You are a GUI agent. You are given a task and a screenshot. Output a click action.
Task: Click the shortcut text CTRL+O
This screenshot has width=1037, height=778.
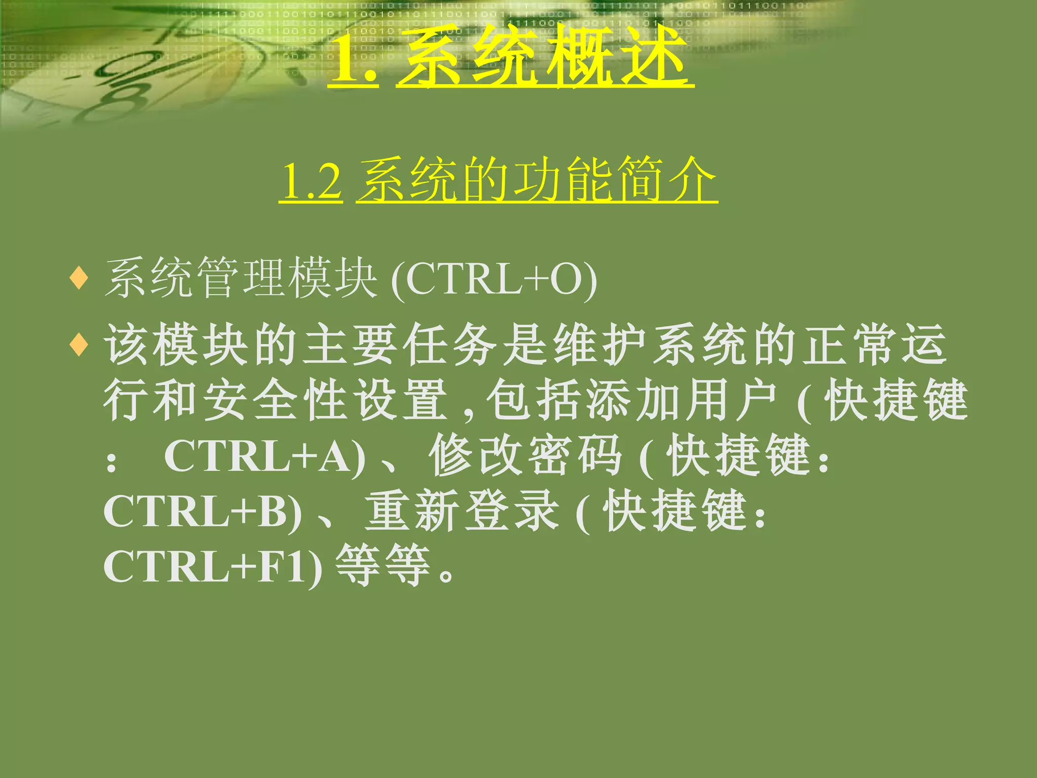click(x=494, y=280)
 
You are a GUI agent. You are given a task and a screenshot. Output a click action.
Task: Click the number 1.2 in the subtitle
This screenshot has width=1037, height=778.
click(x=310, y=181)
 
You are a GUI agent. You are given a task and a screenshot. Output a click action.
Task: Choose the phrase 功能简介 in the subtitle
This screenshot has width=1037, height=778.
click(x=615, y=180)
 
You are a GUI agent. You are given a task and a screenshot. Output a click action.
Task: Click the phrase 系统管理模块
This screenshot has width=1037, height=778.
click(x=241, y=278)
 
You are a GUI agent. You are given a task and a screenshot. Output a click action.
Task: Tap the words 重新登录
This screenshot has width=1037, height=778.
click(x=462, y=511)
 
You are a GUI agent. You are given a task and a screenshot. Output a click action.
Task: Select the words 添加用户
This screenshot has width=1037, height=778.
click(x=682, y=400)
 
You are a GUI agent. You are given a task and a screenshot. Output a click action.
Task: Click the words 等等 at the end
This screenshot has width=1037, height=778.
click(x=383, y=566)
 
